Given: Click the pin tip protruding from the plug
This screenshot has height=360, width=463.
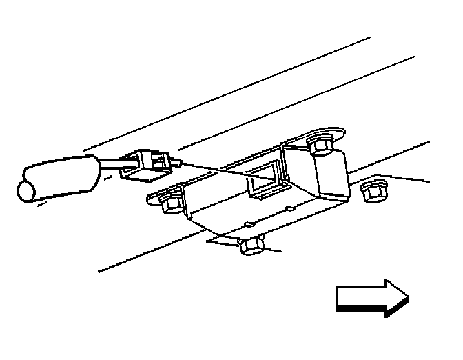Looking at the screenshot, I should (x=181, y=163).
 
